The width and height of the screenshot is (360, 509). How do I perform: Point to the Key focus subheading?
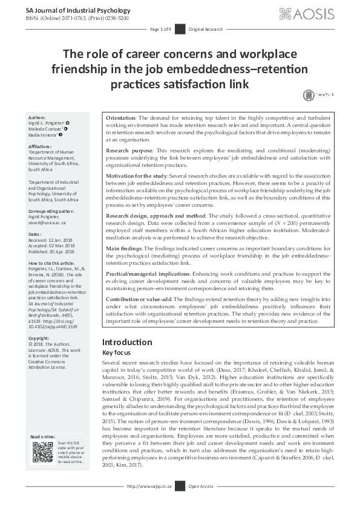point(116,352)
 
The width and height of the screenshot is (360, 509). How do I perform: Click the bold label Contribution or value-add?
point(137,299)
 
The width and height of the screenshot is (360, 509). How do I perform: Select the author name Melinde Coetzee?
point(50,129)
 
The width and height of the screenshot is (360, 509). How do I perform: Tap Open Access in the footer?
point(201,502)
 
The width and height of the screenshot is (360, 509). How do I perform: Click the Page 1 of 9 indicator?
point(160,29)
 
